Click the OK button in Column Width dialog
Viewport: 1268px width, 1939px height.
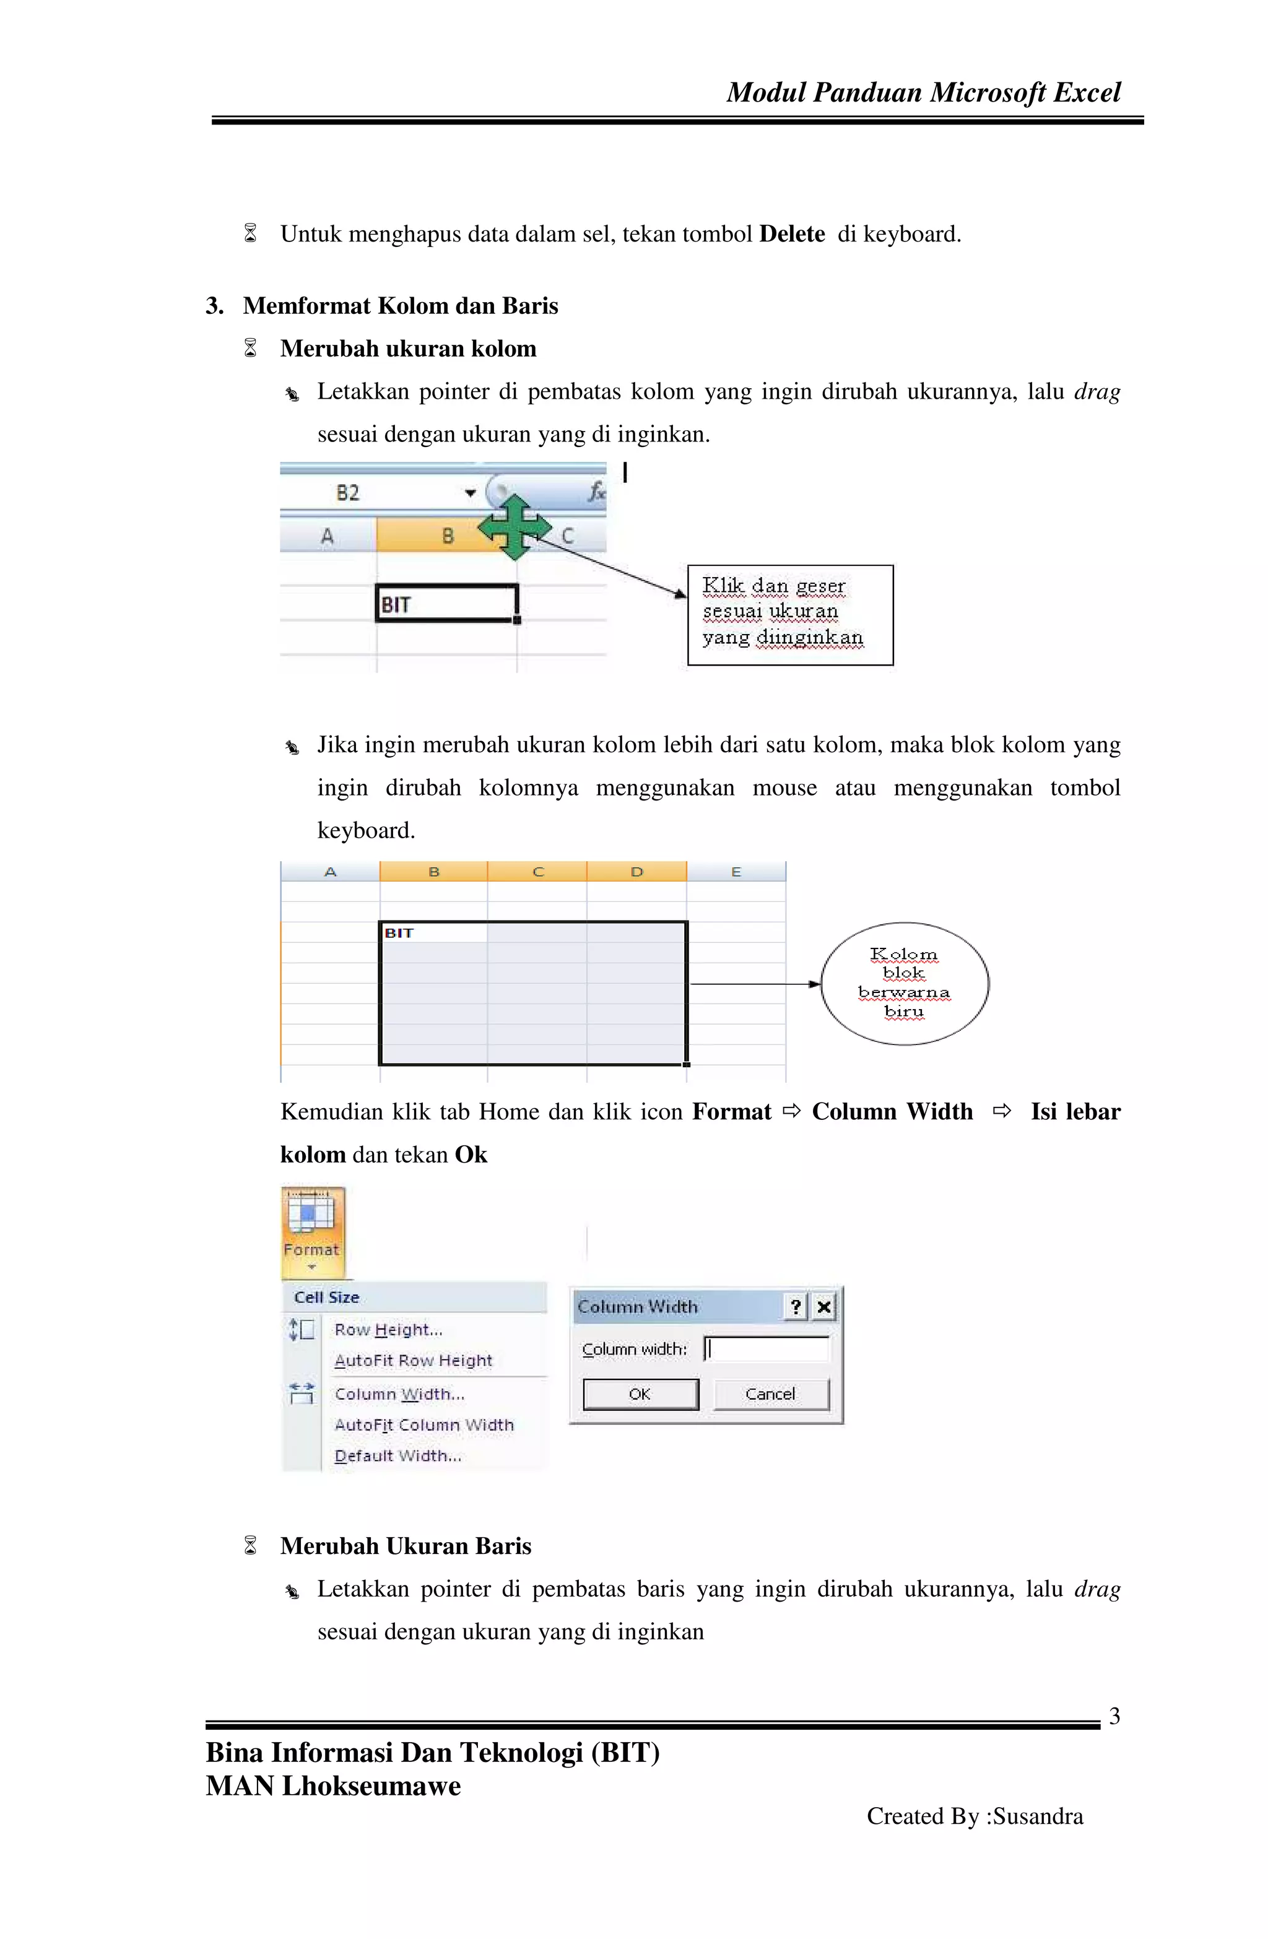tap(640, 1394)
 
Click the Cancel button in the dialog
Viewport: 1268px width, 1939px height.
tap(770, 1394)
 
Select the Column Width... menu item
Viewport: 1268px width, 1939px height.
tap(399, 1394)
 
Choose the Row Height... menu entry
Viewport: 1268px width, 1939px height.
tap(388, 1330)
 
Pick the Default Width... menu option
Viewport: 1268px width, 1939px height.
tap(397, 1456)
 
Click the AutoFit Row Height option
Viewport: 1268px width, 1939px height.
tap(413, 1361)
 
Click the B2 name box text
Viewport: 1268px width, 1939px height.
tap(348, 493)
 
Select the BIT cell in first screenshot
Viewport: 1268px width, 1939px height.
tap(446, 604)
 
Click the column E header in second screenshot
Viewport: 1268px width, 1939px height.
tap(736, 872)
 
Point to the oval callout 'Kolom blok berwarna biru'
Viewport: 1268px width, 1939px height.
tap(904, 983)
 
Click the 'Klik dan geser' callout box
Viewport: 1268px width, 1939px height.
tap(789, 614)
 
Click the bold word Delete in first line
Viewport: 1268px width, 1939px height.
tap(791, 235)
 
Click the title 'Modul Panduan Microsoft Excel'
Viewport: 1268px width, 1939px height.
tap(923, 92)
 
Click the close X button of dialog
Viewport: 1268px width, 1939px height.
tap(824, 1307)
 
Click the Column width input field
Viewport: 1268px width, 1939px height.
tap(766, 1349)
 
